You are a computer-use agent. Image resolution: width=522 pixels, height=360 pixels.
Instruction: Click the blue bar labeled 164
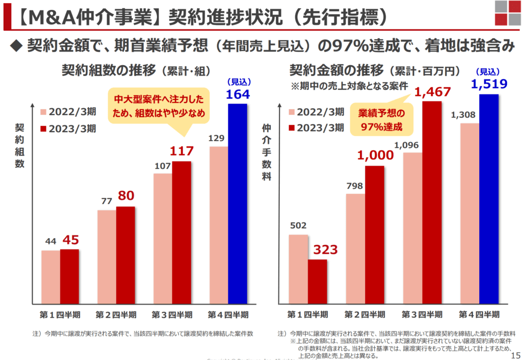tap(238, 203)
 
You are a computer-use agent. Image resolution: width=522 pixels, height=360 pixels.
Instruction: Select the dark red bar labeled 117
tap(181, 232)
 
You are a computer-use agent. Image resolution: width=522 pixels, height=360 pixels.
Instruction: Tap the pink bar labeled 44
tap(50, 276)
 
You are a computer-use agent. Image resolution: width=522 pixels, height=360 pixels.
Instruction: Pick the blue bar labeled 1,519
tap(489, 199)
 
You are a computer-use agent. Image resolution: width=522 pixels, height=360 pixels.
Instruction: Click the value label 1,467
tap(432, 92)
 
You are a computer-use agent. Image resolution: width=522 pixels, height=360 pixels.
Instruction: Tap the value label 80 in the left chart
tap(126, 196)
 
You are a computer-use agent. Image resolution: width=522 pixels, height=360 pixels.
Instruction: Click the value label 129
tap(218, 138)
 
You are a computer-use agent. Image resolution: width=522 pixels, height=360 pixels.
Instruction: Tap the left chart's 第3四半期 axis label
tap(172, 314)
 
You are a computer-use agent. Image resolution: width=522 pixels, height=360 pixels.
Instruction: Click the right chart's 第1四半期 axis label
tap(307, 314)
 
